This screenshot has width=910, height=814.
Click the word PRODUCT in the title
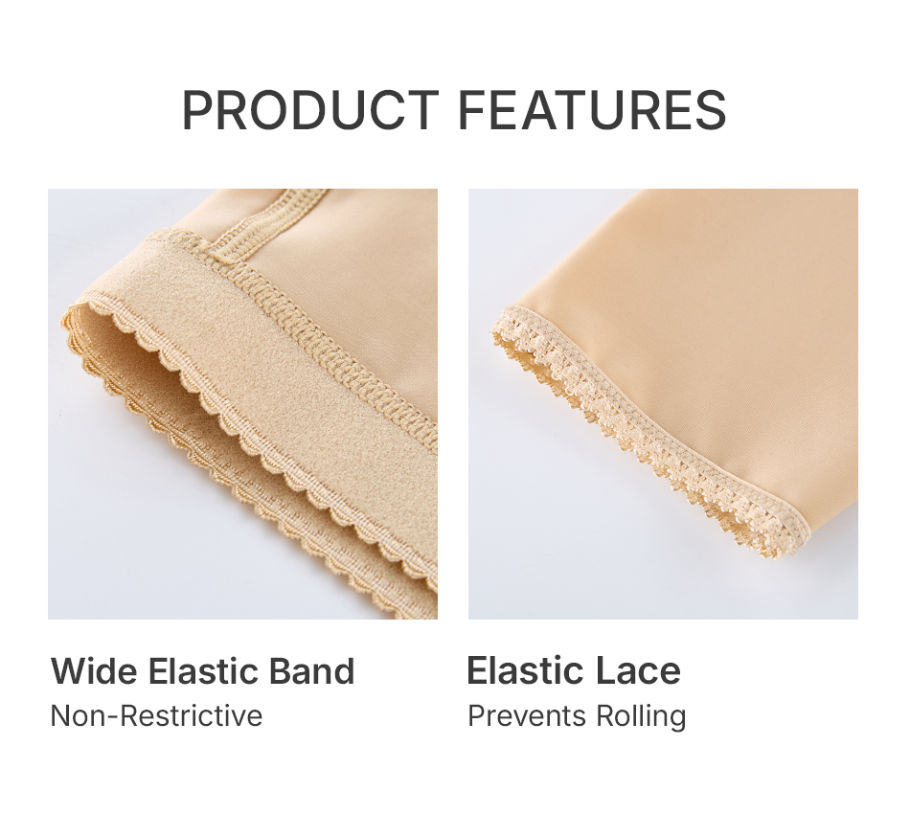coord(310,110)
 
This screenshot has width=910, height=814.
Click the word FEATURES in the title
coord(593,110)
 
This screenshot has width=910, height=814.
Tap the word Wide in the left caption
coord(94,670)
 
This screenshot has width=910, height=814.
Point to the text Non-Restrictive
coord(157,715)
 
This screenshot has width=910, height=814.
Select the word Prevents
coord(527,715)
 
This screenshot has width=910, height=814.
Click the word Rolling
coord(641,717)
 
